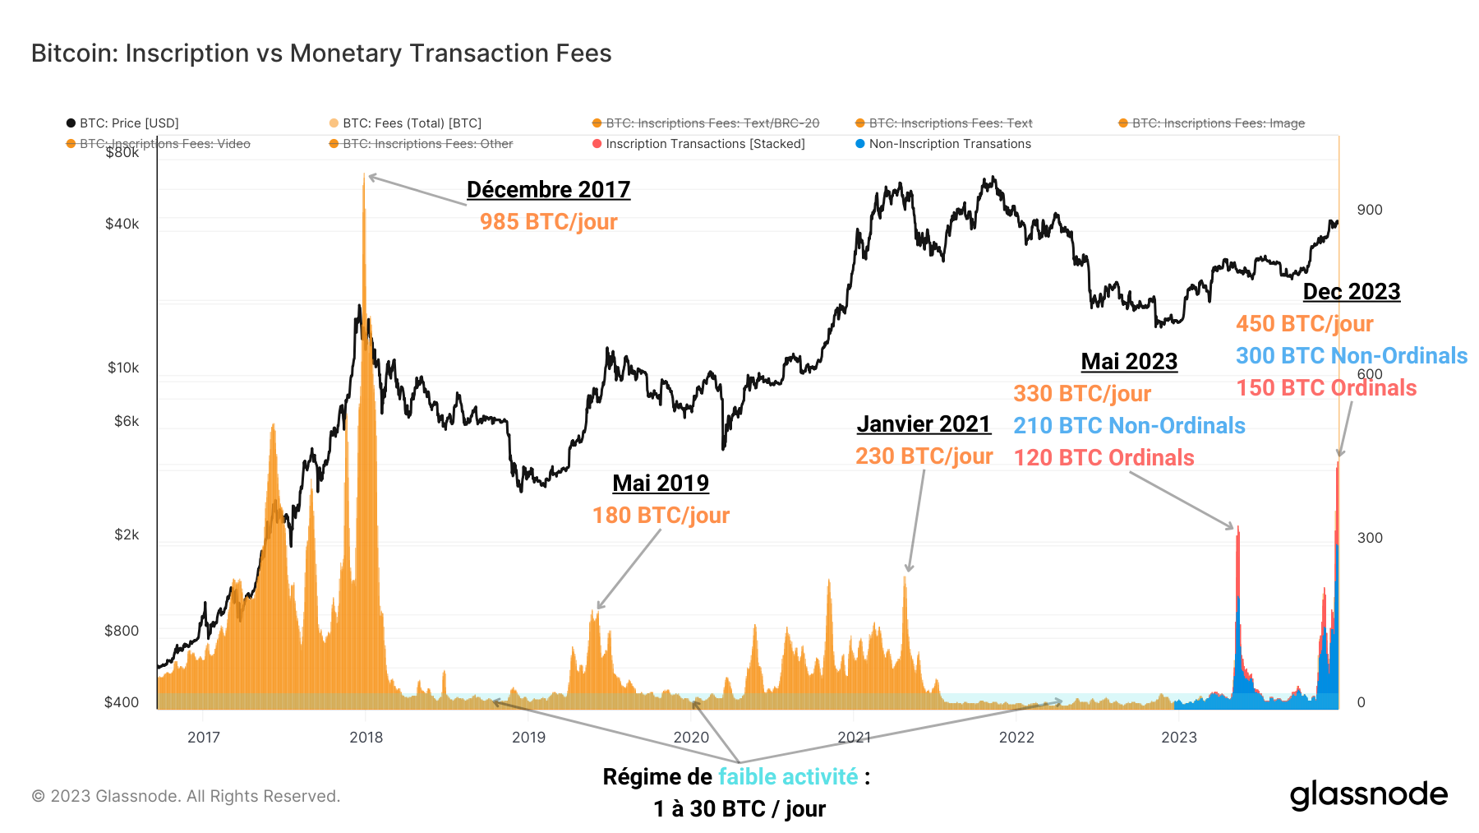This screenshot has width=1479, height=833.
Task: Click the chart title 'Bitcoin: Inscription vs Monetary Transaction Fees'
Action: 321,53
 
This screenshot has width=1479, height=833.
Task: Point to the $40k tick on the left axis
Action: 122,224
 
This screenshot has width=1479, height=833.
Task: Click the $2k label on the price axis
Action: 127,535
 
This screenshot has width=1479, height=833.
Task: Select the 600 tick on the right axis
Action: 1370,373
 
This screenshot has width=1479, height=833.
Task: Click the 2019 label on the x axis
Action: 528,738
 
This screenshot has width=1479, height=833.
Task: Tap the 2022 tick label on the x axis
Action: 1016,738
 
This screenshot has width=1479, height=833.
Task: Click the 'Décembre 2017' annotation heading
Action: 548,190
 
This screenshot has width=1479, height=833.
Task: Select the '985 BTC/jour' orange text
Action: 548,222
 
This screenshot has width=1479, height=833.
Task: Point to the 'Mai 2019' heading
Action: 661,484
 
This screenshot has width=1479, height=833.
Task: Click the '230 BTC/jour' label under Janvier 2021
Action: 924,456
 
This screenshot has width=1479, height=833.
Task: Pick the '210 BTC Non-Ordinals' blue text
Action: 1129,426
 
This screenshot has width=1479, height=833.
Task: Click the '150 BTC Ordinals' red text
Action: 1326,388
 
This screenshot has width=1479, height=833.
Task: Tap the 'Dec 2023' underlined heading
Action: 1352,292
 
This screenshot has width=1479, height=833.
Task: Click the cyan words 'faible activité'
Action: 788,777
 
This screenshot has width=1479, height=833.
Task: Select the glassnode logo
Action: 1368,795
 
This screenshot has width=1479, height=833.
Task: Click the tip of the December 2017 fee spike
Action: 364,174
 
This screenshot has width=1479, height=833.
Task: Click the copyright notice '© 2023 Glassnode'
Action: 186,796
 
